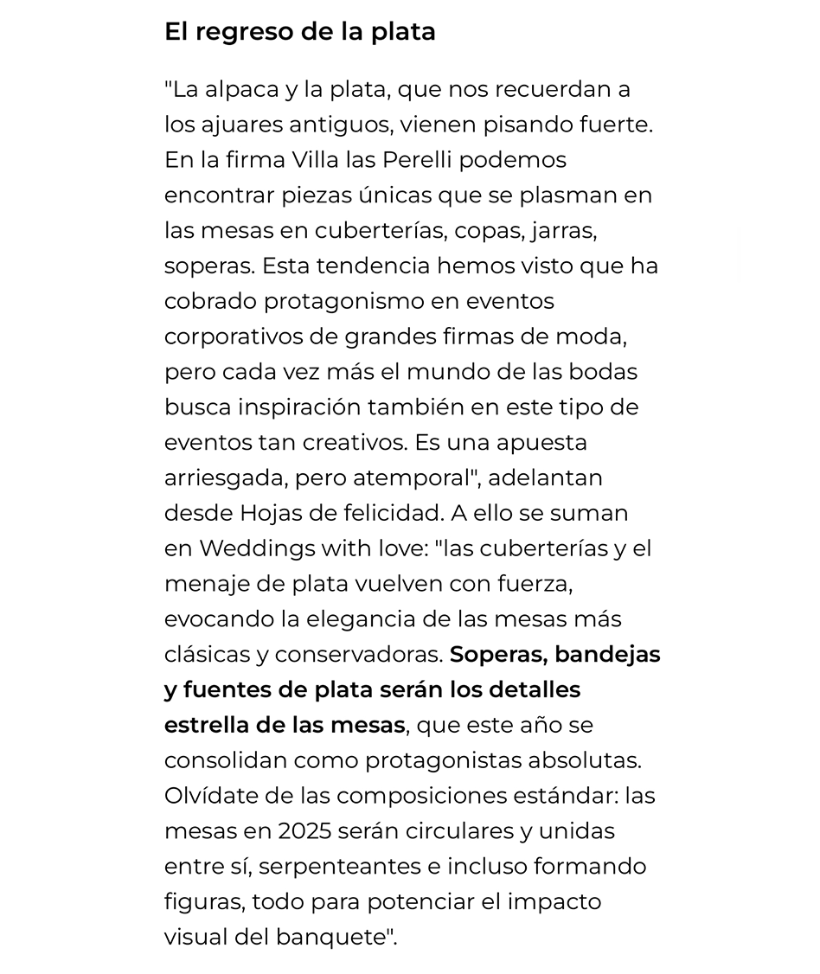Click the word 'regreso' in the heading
[x=242, y=32]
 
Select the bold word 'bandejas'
[x=607, y=655]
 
